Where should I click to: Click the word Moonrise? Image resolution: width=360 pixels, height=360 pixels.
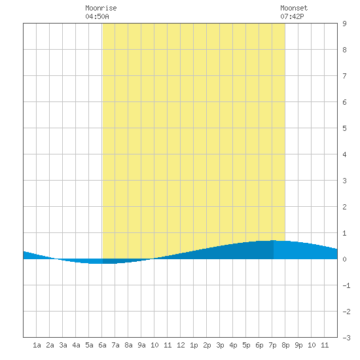[101, 8]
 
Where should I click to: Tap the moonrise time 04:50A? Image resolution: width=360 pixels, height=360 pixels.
[97, 16]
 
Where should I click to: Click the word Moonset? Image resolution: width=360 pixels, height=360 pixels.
[294, 8]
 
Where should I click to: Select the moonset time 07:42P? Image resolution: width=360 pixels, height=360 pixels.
[292, 16]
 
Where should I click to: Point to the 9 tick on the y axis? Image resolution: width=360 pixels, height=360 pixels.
[344, 24]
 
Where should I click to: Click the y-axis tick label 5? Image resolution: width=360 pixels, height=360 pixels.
[344, 128]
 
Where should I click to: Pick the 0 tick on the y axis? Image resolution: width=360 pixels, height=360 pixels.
[344, 259]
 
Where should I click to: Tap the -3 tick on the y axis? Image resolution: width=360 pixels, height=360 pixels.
[346, 338]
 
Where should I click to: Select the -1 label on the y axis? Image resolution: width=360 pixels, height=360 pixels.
[346, 285]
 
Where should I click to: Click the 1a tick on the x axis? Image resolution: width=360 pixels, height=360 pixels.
[37, 345]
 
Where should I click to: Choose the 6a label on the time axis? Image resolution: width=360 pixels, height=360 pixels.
[102, 345]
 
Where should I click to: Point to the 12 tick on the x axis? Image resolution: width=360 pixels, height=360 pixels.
[181, 345]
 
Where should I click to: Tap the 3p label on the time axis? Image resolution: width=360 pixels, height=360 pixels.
[220, 345]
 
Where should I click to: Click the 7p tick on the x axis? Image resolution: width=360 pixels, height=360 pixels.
[272, 345]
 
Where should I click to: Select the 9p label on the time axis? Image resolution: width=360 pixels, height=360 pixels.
[298, 345]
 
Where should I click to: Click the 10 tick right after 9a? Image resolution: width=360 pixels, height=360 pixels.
[154, 345]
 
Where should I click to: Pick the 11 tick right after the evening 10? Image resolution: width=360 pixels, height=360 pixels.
[325, 345]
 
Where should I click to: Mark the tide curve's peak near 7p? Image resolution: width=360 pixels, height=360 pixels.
[273, 240]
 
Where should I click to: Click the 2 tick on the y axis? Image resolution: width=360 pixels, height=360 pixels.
[344, 207]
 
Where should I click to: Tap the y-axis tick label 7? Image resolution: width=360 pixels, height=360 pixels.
[344, 76]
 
